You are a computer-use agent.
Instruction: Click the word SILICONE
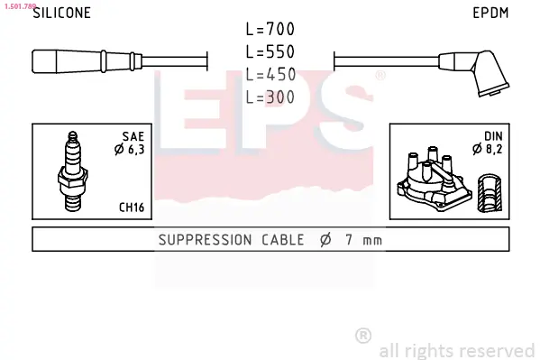pyautogui.click(x=61, y=13)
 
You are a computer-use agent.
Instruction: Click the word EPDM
pyautogui.click(x=490, y=13)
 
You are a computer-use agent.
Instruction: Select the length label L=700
pyautogui.click(x=270, y=29)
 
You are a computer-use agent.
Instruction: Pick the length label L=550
pyautogui.click(x=270, y=51)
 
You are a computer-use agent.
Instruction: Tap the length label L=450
pyautogui.click(x=270, y=75)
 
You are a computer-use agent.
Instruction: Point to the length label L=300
pyautogui.click(x=270, y=97)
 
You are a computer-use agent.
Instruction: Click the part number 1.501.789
pyautogui.click(x=20, y=6)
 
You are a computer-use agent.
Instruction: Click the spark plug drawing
pyautogui.click(x=73, y=171)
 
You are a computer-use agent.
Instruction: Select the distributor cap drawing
pyautogui.click(x=435, y=179)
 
